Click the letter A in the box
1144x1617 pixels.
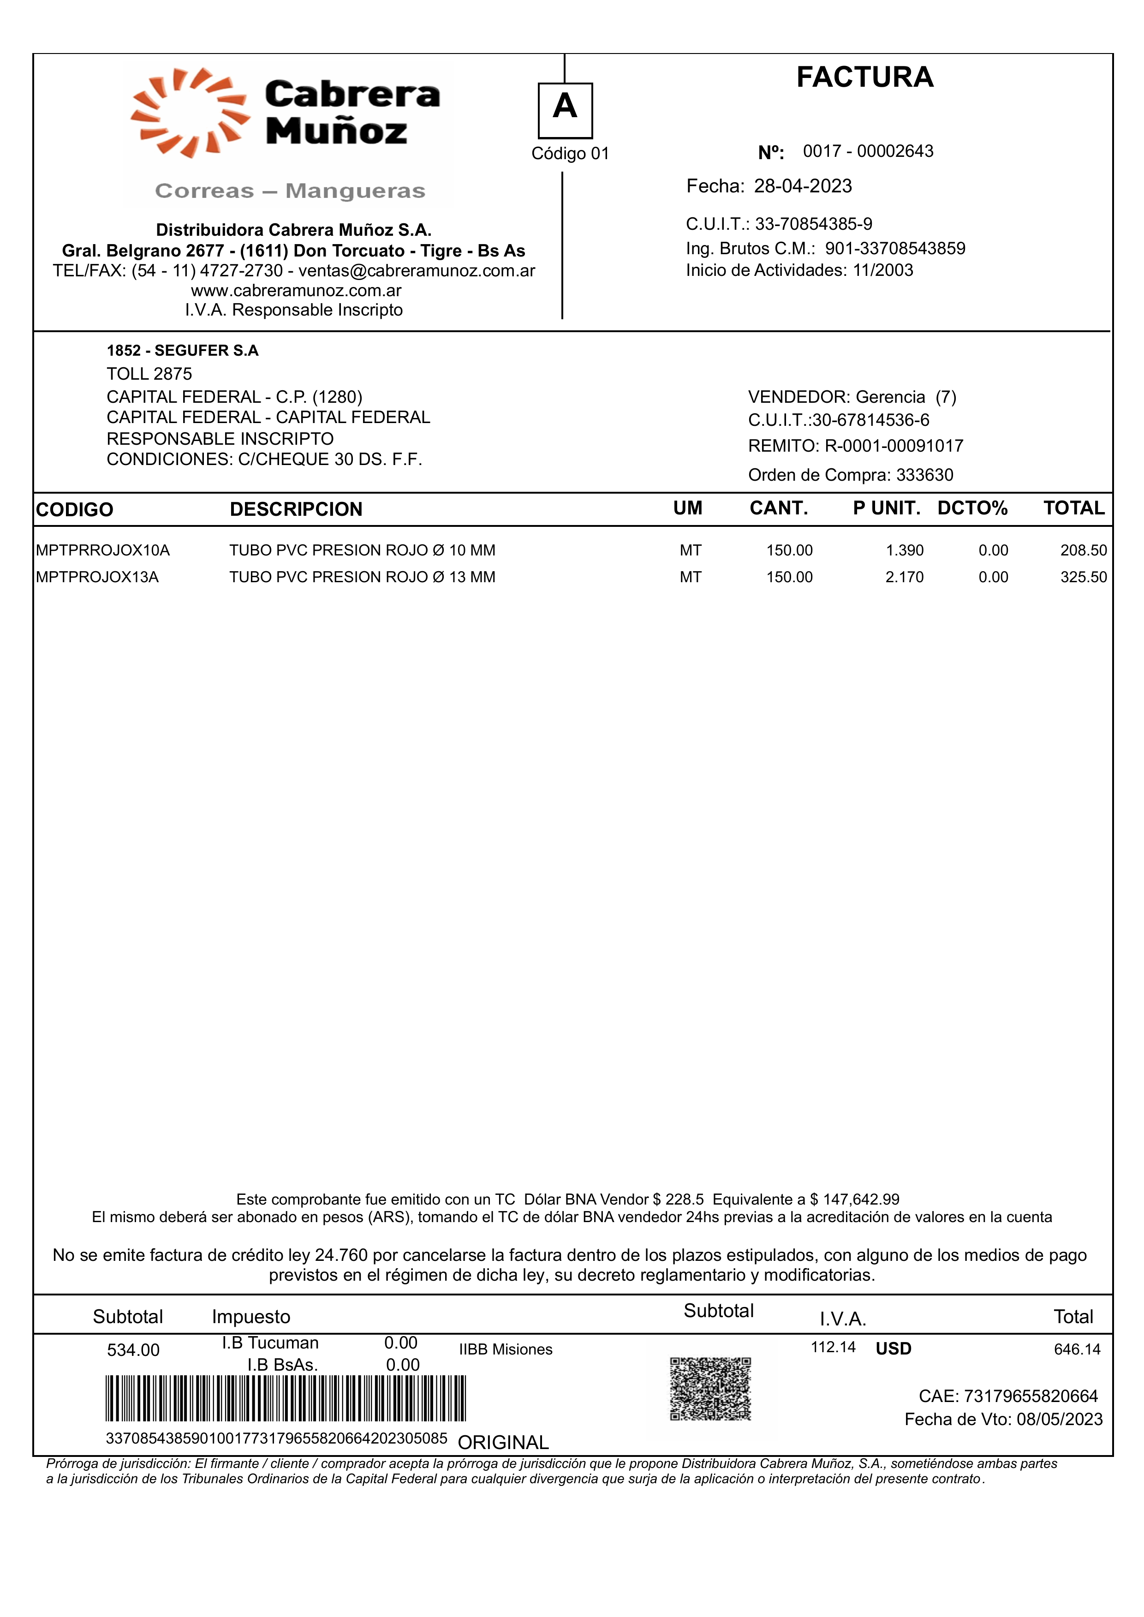click(x=565, y=107)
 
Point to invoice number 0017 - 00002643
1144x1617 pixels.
click(x=868, y=151)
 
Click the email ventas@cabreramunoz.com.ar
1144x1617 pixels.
click(x=417, y=270)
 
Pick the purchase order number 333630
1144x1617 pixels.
click(x=924, y=475)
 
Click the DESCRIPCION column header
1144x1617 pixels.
click(x=296, y=509)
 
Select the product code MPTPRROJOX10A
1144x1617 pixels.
click(x=103, y=550)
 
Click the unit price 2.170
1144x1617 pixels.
click(x=905, y=577)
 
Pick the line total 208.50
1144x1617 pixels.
click(x=1084, y=550)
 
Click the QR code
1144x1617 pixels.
click(x=710, y=1389)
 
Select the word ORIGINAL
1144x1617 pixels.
click(x=503, y=1442)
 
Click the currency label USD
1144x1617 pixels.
click(x=893, y=1348)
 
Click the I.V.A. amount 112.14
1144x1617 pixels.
click(x=833, y=1347)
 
